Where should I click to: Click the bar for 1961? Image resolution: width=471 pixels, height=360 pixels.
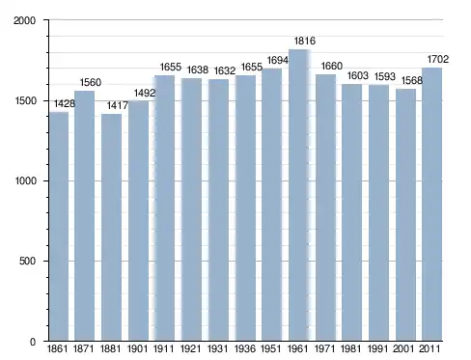[298, 195]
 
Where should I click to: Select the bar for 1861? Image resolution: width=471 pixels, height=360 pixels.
[59, 226]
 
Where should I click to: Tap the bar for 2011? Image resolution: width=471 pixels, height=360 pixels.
[431, 204]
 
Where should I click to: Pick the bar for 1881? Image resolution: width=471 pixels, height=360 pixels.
[111, 227]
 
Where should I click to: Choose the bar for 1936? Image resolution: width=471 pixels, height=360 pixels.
[245, 208]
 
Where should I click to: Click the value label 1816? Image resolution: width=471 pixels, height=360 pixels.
[305, 41]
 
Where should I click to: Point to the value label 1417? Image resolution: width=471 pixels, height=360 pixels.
[118, 105]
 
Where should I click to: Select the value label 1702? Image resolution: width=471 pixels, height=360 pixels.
[438, 59]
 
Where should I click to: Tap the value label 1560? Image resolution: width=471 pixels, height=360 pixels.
[91, 82]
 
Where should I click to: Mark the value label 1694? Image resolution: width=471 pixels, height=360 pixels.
[278, 60]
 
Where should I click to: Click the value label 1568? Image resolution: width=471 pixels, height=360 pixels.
[412, 80]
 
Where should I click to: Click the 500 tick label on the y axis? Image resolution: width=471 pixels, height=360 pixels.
[27, 261]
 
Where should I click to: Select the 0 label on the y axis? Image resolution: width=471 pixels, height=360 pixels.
[33, 342]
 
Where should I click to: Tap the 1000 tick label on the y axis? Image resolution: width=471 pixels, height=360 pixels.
[25, 180]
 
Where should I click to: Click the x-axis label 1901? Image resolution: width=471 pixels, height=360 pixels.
[137, 348]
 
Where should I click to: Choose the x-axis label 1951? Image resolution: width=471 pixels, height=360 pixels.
[270, 348]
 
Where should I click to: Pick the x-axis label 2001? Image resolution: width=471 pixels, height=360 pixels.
[403, 348]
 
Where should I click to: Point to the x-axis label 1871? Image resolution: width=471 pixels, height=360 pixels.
[83, 348]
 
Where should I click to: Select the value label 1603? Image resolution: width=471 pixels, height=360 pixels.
[357, 75]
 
